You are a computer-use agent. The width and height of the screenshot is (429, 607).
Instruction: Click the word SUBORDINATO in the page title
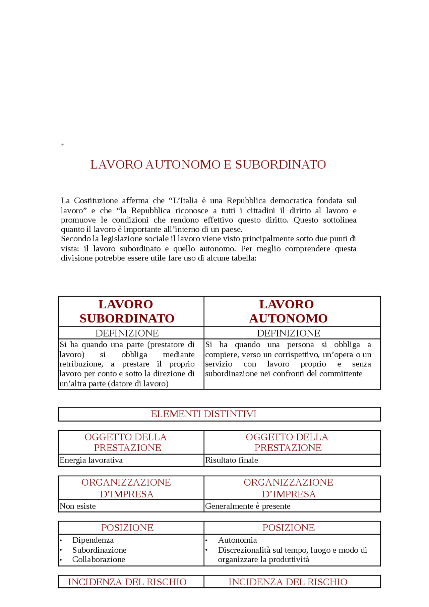point(280,165)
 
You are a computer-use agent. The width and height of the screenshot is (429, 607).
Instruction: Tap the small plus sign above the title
point(63,145)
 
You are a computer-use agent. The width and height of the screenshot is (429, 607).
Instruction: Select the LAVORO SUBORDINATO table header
point(127,311)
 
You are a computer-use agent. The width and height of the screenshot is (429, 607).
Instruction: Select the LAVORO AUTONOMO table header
point(288,311)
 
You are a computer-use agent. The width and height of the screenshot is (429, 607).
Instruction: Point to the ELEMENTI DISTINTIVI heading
point(203,414)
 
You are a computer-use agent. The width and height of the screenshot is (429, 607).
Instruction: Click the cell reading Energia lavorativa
point(91,460)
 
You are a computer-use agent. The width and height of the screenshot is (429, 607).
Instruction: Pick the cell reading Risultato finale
point(232,460)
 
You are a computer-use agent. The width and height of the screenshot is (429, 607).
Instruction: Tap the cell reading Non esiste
point(78,506)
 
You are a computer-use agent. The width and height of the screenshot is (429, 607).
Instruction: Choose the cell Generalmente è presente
point(248,506)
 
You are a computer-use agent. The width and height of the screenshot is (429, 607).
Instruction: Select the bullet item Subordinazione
point(99,550)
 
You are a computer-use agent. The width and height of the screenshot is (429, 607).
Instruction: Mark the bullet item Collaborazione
point(99,559)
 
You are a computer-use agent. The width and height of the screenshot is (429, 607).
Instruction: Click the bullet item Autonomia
point(237,540)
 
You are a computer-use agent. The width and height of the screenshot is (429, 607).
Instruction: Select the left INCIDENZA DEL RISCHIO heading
point(127,582)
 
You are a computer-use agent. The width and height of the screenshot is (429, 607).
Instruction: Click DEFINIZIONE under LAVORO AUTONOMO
point(288,333)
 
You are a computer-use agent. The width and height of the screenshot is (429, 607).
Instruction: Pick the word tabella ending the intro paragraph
point(243,258)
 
